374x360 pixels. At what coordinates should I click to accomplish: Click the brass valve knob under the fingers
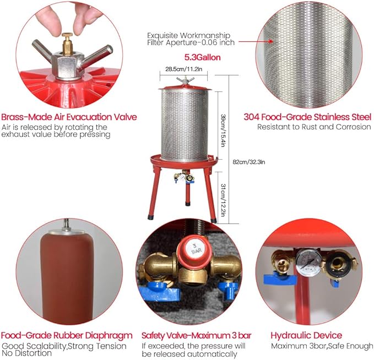[x=67, y=44]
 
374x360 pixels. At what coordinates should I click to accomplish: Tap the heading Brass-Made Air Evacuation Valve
[x=69, y=117]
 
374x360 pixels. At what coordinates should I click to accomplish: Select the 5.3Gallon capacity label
[x=202, y=57]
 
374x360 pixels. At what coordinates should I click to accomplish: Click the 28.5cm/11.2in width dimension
[x=183, y=69]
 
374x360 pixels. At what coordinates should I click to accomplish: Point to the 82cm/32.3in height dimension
[x=249, y=162]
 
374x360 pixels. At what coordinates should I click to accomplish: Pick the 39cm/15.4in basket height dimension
[x=223, y=130]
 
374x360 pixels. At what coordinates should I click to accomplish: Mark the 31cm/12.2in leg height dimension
[x=223, y=200]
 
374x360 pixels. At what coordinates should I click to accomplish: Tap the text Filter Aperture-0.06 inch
[x=191, y=43]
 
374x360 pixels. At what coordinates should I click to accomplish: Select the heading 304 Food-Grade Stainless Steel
[x=307, y=117]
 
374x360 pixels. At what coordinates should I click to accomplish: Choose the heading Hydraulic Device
[x=306, y=335]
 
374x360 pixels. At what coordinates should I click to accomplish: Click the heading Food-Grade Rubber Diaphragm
[x=67, y=335]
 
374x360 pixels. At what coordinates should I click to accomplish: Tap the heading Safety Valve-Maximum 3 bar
[x=196, y=335]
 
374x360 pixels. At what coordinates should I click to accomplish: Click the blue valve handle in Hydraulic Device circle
[x=280, y=279]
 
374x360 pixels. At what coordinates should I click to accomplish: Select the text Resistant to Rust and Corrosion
[x=314, y=127]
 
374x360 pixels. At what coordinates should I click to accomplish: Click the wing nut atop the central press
[x=185, y=80]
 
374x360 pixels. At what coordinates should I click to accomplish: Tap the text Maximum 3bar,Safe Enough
[x=322, y=346]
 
